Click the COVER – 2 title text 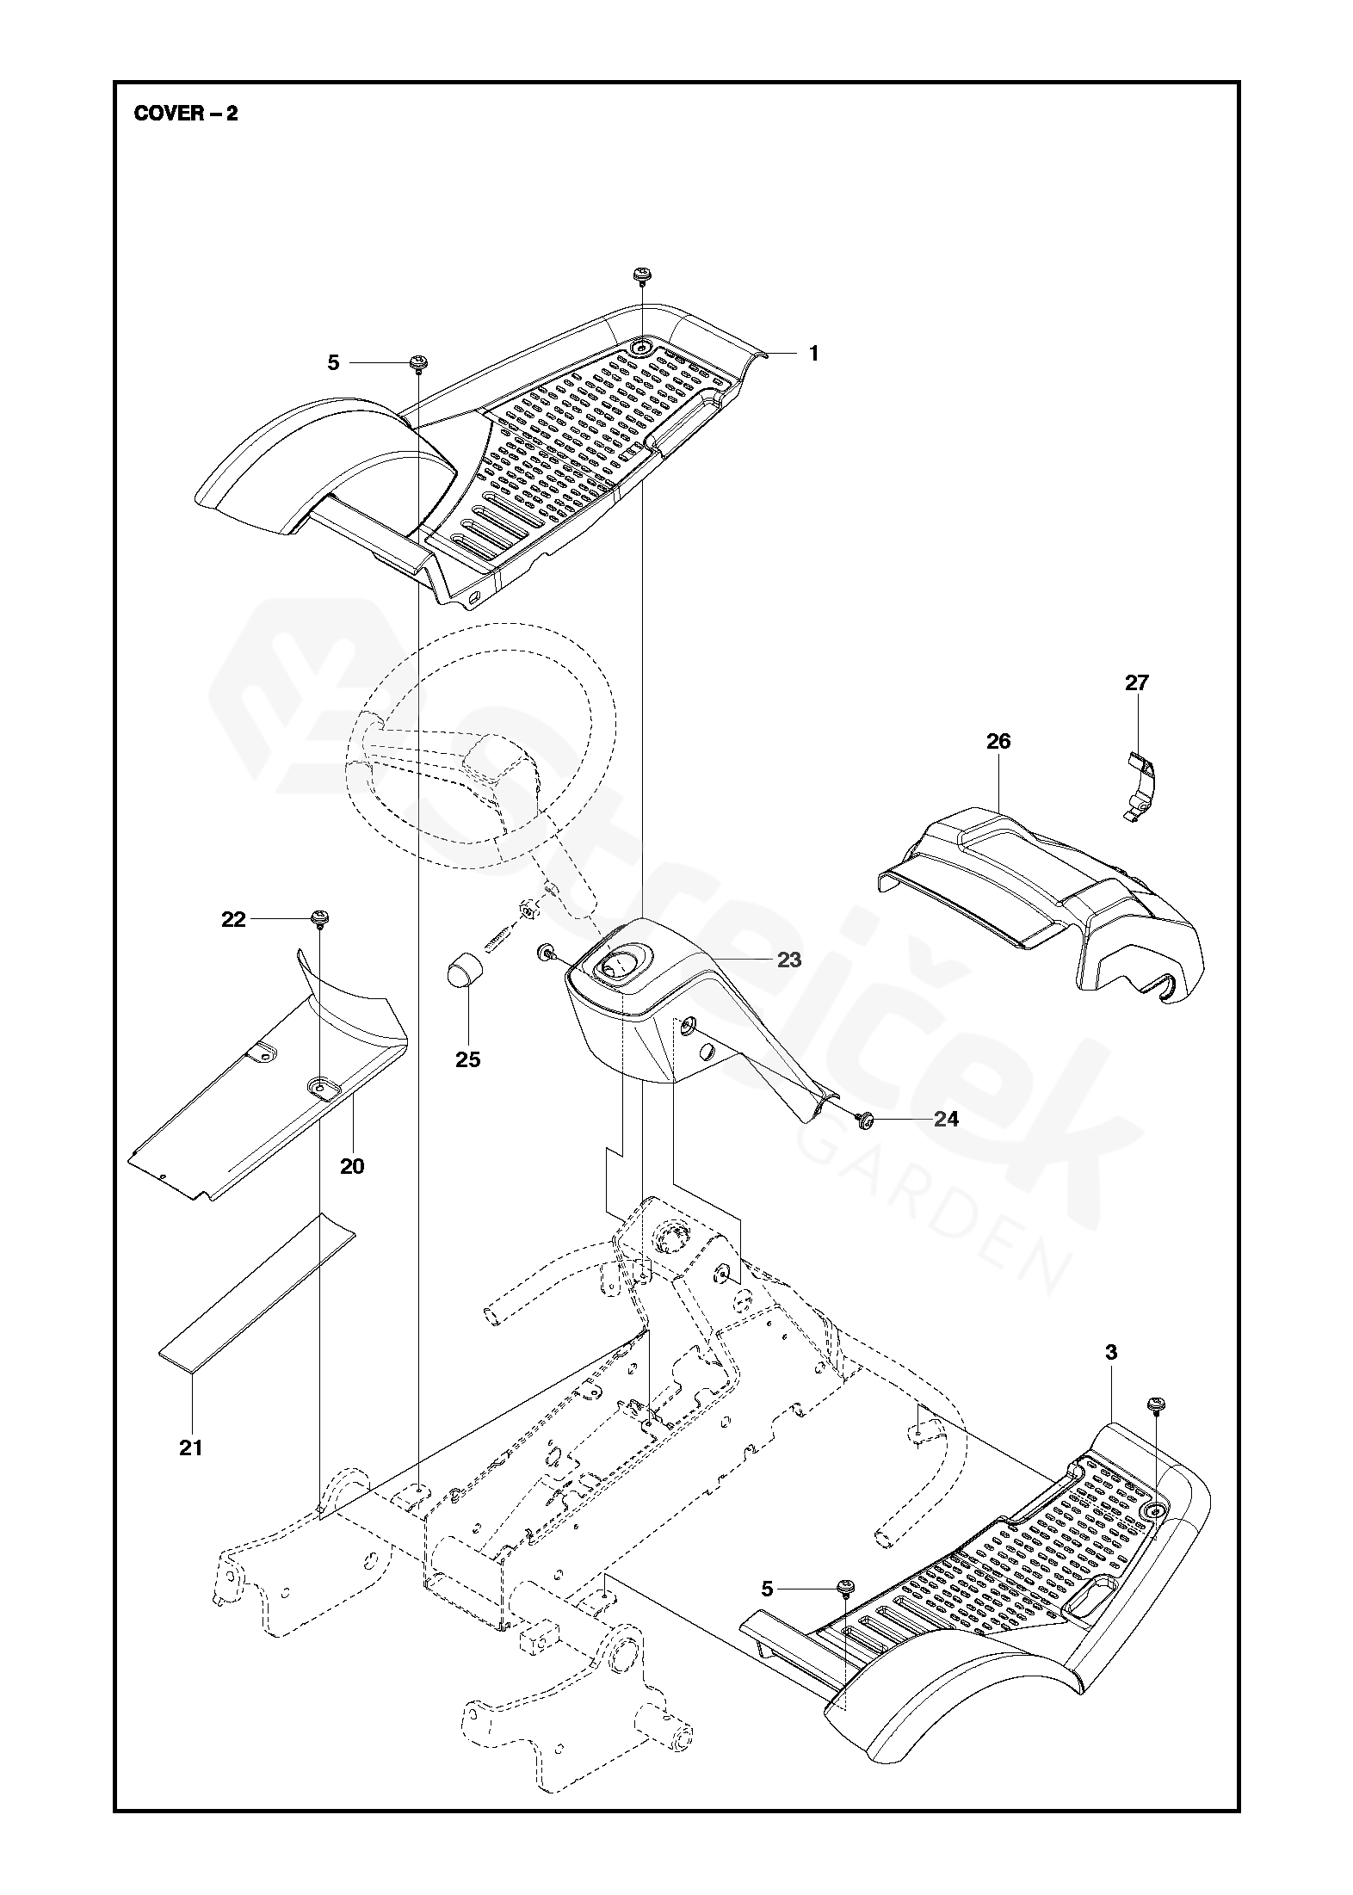(186, 114)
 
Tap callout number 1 (813, 354)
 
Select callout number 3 (1110, 1352)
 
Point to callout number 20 (352, 1166)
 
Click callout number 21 (191, 1447)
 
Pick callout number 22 (233, 920)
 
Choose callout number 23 (788, 959)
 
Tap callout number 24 (946, 1119)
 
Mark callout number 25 (468, 1059)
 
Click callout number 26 (998, 741)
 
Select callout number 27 (1136, 682)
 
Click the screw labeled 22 (320, 918)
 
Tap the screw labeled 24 (866, 1119)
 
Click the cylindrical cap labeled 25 (466, 971)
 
